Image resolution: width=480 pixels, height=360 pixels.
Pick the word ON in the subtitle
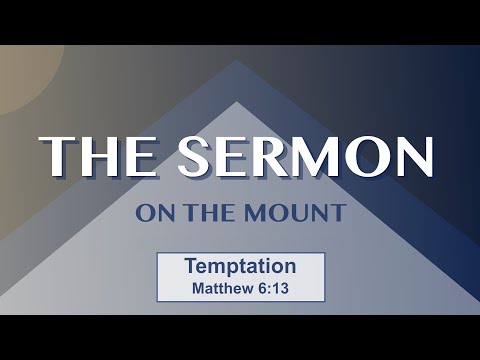click(152, 213)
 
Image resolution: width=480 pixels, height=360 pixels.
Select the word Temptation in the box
click(240, 267)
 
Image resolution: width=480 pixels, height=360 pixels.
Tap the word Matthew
click(222, 287)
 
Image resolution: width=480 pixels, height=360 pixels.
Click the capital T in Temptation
click(190, 267)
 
